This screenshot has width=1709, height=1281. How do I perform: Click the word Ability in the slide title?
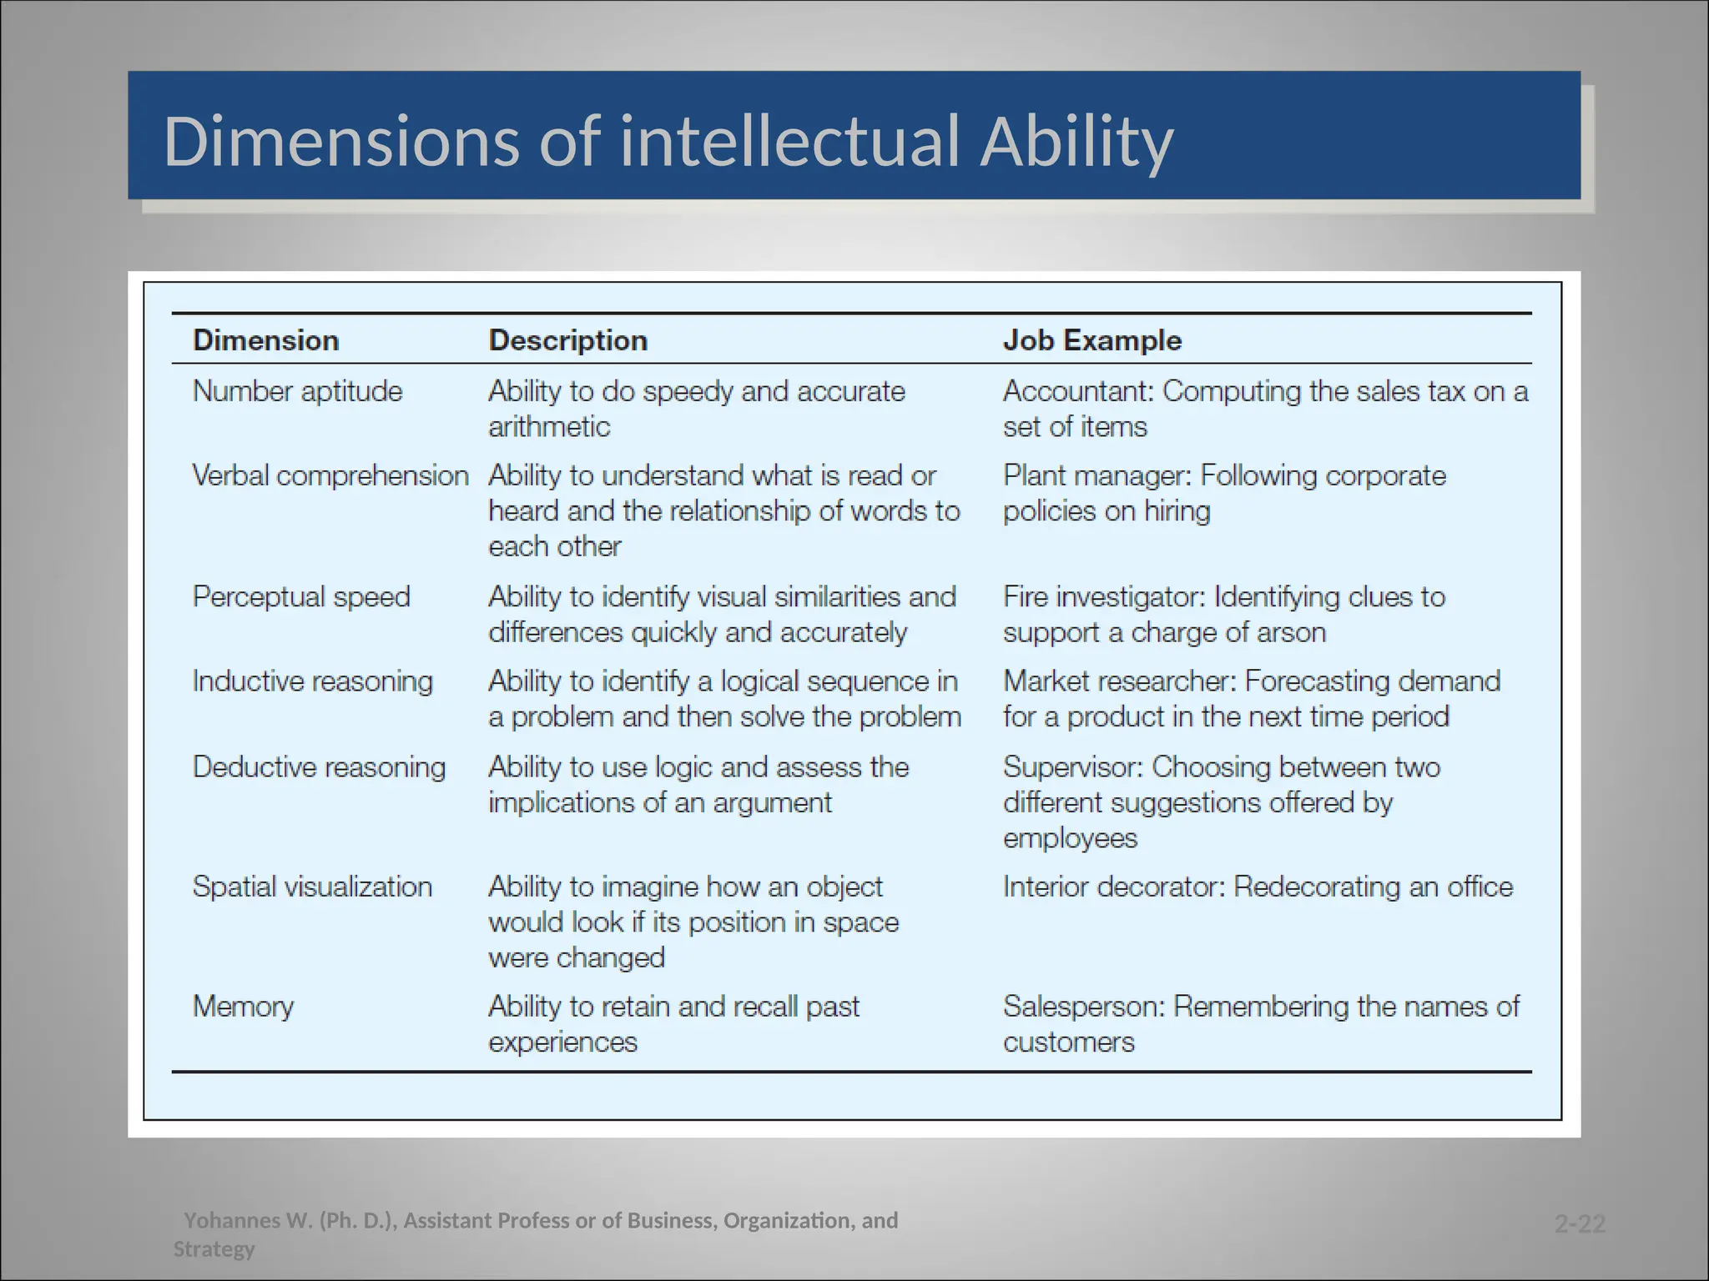click(1076, 142)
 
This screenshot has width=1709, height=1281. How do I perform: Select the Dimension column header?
click(265, 340)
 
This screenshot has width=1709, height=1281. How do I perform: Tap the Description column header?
click(567, 340)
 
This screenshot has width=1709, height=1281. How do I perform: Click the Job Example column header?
click(1091, 340)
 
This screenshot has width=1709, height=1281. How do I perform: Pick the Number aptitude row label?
click(297, 391)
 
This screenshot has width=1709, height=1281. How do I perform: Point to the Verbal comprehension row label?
click(330, 475)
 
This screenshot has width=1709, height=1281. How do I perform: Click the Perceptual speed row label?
click(301, 597)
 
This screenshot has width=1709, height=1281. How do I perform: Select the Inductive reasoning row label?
click(313, 681)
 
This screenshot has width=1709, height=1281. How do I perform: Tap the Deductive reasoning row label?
click(319, 767)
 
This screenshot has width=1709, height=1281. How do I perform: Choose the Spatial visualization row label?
click(312, 887)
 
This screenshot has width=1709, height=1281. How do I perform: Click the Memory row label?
click(243, 1007)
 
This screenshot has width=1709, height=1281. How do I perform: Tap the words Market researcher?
click(1118, 681)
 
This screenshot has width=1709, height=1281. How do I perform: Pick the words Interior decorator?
click(1113, 887)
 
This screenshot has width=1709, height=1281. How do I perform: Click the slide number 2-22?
click(1580, 1224)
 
